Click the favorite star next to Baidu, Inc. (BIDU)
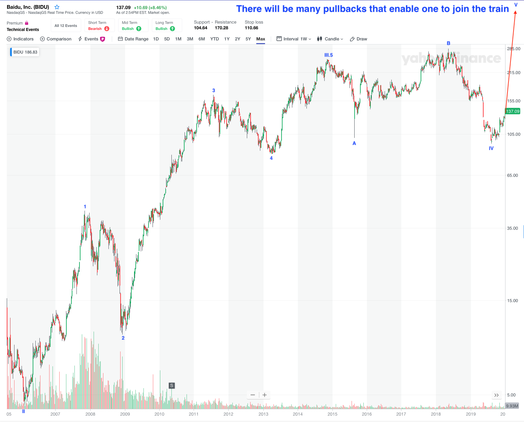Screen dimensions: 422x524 click(57, 7)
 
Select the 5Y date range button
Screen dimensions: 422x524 click(248, 39)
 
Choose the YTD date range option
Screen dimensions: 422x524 click(215, 39)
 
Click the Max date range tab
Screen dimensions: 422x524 click(261, 39)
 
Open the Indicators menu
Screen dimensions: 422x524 click(20, 39)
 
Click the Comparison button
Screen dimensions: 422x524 click(56, 39)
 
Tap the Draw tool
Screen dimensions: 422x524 click(359, 39)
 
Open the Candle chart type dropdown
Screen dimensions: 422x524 click(330, 39)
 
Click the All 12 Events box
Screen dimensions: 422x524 click(66, 26)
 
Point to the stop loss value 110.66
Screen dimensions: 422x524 click(252, 28)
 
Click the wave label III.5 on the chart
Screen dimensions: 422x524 click(328, 55)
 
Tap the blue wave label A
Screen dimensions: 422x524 click(354, 143)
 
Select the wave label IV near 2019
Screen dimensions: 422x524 click(491, 148)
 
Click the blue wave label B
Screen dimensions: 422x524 click(449, 43)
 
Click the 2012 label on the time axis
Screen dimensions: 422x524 click(228, 414)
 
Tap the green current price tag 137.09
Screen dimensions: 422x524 click(513, 111)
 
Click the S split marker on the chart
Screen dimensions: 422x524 click(172, 386)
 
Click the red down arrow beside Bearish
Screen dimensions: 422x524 click(107, 29)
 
